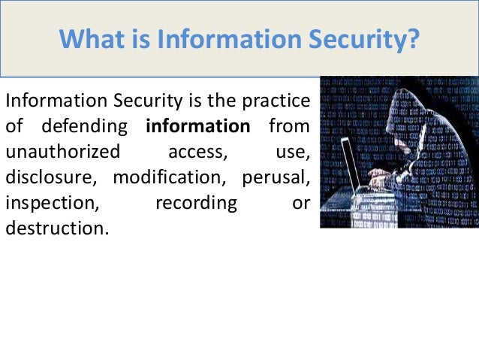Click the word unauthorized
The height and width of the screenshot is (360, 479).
tap(62, 151)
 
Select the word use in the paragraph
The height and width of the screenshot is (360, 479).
tap(293, 151)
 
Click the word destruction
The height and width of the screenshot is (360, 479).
tap(57, 229)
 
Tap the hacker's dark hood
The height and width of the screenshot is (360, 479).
tap(420, 105)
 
